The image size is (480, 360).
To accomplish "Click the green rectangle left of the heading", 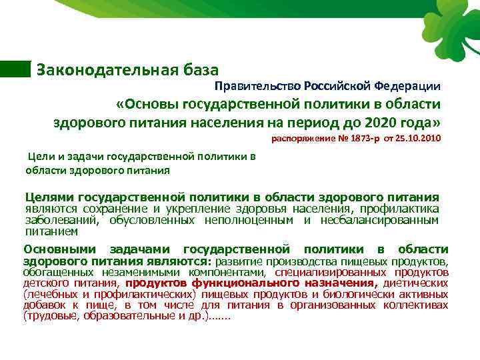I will pyautogui.click(x=15, y=69).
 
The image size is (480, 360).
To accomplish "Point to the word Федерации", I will pyautogui.click(x=407, y=86).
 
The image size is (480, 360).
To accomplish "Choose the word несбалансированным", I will pyautogui.click(x=379, y=220).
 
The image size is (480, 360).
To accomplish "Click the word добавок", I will pyautogui.click(x=43, y=305).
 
